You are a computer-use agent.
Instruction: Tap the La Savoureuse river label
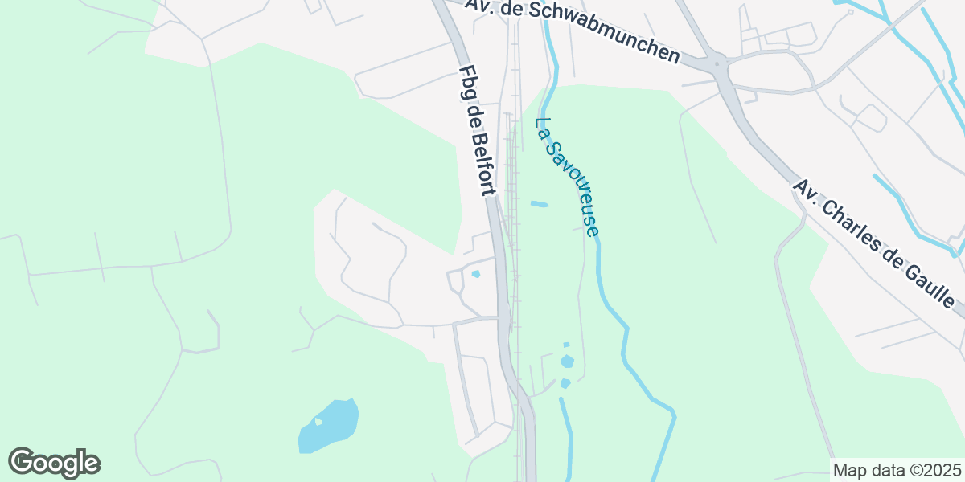(567, 178)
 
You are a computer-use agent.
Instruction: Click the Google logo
(55, 463)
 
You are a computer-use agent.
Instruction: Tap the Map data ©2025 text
(897, 470)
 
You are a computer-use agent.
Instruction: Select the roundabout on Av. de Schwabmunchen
(717, 63)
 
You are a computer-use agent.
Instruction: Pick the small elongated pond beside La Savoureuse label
(539, 204)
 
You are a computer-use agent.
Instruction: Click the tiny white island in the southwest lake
(318, 420)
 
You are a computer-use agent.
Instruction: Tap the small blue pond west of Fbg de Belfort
(475, 275)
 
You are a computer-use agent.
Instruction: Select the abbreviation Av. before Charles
(806, 190)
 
